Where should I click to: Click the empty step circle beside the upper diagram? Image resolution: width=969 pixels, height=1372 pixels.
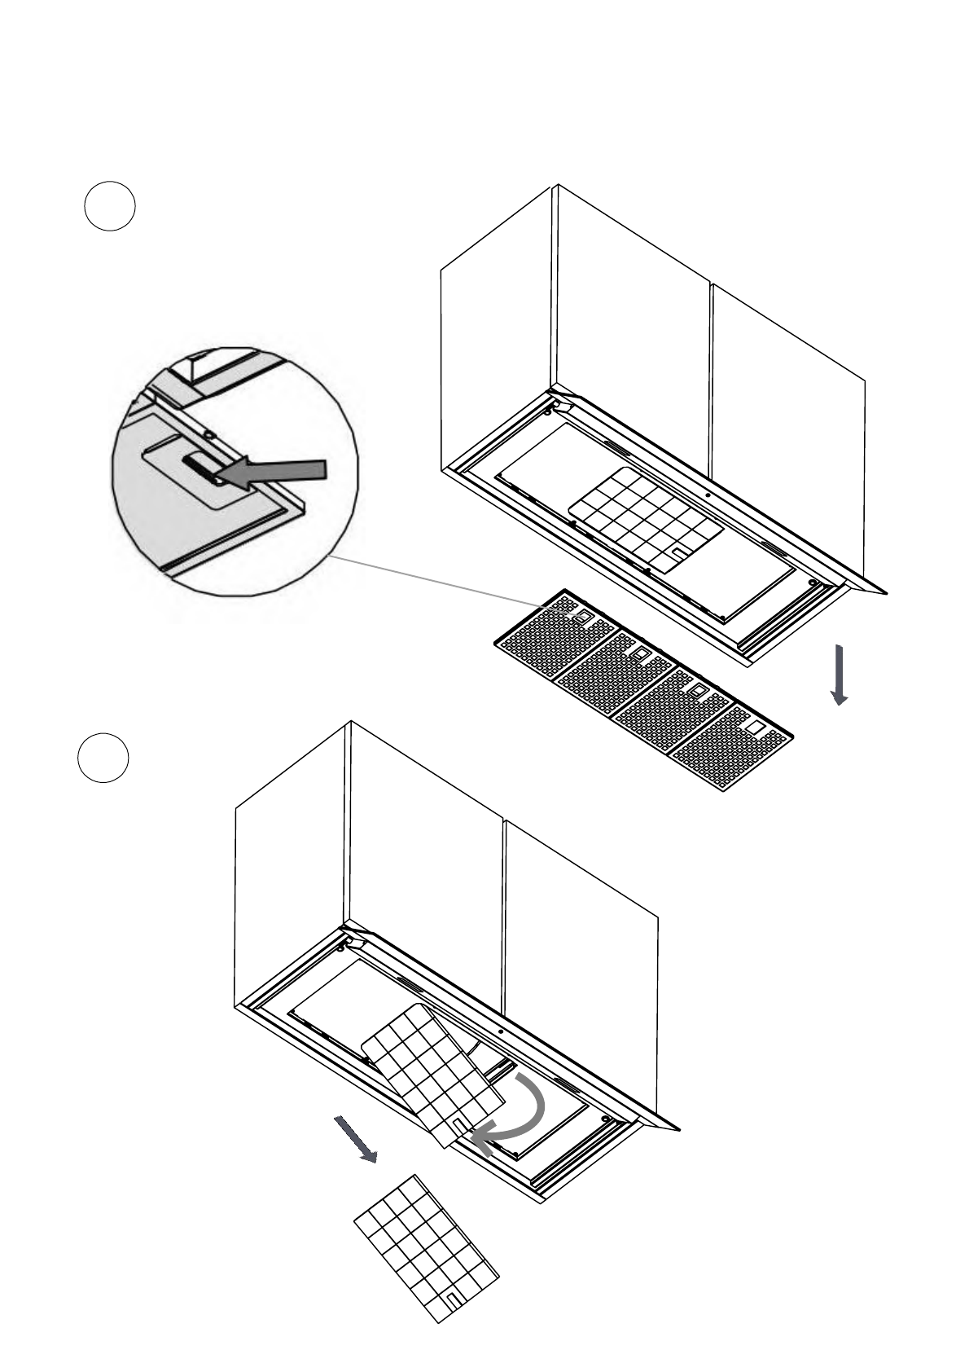click(x=109, y=206)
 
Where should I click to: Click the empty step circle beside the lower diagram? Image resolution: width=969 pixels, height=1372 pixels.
click(x=103, y=758)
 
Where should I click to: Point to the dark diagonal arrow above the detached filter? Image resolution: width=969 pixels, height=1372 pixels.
click(x=356, y=1140)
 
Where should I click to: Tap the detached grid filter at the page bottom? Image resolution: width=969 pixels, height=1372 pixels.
click(x=426, y=1247)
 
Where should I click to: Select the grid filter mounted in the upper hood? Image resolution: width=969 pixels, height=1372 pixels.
click(x=645, y=517)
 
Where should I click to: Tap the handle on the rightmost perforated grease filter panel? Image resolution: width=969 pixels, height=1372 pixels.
click(x=754, y=724)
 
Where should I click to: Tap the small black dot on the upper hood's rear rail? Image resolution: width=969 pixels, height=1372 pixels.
click(x=708, y=495)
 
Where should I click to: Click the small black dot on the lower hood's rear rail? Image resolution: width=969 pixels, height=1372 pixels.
click(x=500, y=1031)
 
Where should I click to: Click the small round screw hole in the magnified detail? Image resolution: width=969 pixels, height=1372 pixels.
click(x=209, y=435)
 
